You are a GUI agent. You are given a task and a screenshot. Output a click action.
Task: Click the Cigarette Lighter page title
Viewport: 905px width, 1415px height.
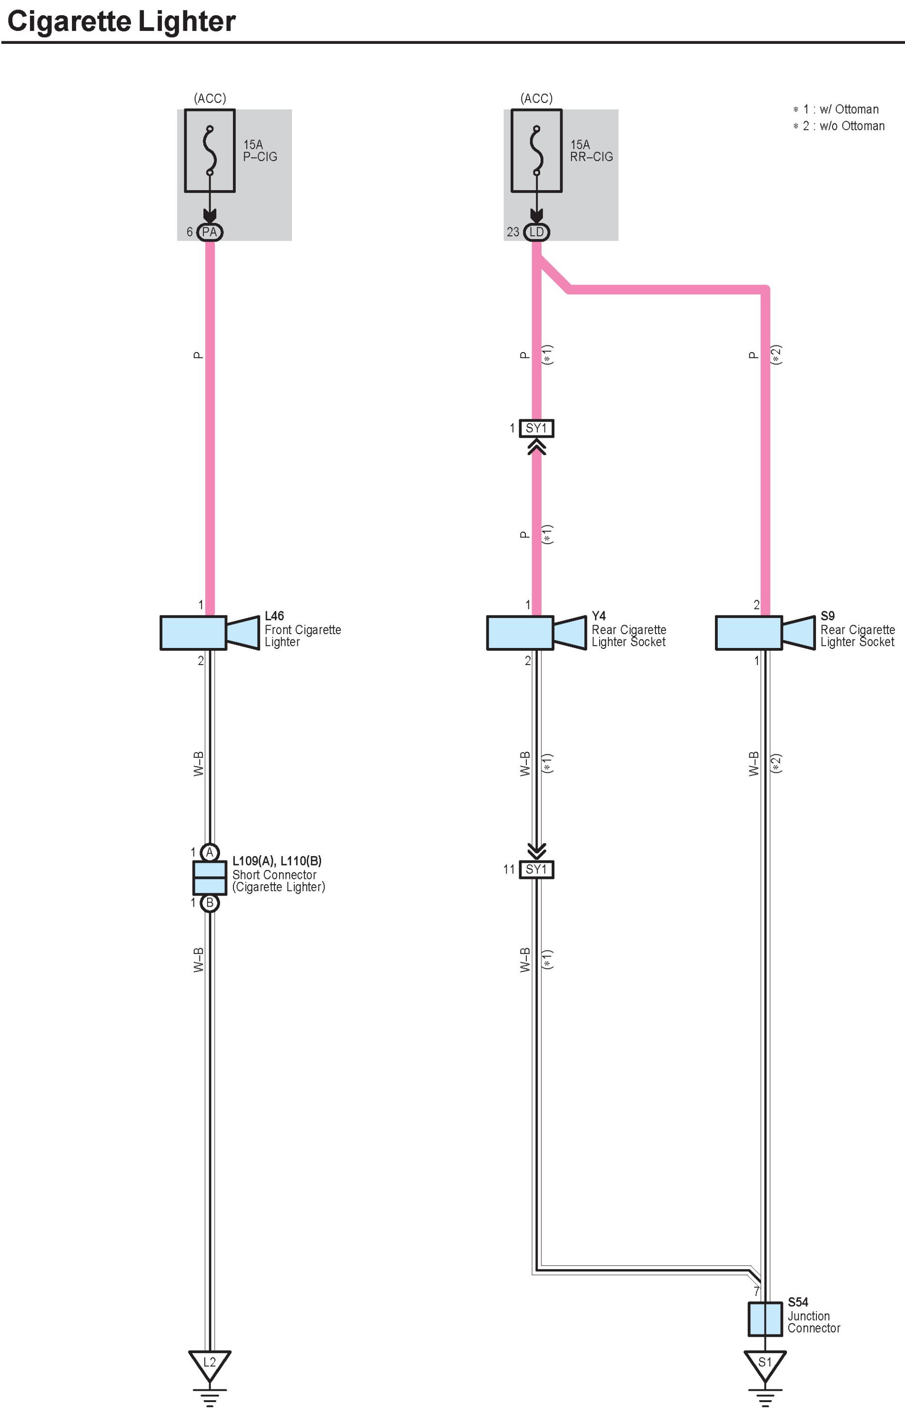pyautogui.click(x=121, y=22)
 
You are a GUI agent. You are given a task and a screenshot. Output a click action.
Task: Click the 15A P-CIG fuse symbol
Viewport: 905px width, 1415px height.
pyautogui.click(x=210, y=151)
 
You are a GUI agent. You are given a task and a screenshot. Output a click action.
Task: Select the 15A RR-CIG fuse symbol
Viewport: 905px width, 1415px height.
pyautogui.click(x=536, y=151)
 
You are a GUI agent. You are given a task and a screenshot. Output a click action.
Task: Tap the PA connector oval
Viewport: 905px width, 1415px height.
pyautogui.click(x=209, y=232)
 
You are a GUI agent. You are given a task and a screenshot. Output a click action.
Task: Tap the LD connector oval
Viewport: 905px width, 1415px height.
pyautogui.click(x=536, y=232)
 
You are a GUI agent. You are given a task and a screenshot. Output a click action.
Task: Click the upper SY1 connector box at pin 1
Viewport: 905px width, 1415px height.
pyautogui.click(x=536, y=428)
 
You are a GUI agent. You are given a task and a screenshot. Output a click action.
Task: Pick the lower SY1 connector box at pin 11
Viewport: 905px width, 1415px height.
pyautogui.click(x=536, y=869)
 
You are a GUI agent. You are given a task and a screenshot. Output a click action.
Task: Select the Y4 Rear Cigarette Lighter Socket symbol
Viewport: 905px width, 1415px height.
pyautogui.click(x=535, y=633)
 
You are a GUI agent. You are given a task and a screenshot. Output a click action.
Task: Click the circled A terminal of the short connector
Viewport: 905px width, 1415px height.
pyautogui.click(x=210, y=852)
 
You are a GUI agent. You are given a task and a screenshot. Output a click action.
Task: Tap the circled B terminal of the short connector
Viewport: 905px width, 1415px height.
pyautogui.click(x=210, y=902)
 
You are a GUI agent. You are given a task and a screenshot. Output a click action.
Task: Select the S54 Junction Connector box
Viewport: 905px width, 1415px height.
pyautogui.click(x=764, y=1319)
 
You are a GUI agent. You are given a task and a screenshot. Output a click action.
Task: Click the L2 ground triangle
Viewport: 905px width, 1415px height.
pyautogui.click(x=210, y=1363)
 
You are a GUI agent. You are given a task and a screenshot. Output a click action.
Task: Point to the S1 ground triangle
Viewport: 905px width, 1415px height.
pyautogui.click(x=764, y=1363)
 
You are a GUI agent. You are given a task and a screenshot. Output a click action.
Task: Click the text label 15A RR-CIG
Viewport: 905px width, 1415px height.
pyautogui.click(x=591, y=151)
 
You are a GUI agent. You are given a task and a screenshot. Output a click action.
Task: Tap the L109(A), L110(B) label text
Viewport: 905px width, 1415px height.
pyautogui.click(x=277, y=861)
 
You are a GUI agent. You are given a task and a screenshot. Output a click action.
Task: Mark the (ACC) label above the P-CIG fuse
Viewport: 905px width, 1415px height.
pyautogui.click(x=210, y=98)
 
